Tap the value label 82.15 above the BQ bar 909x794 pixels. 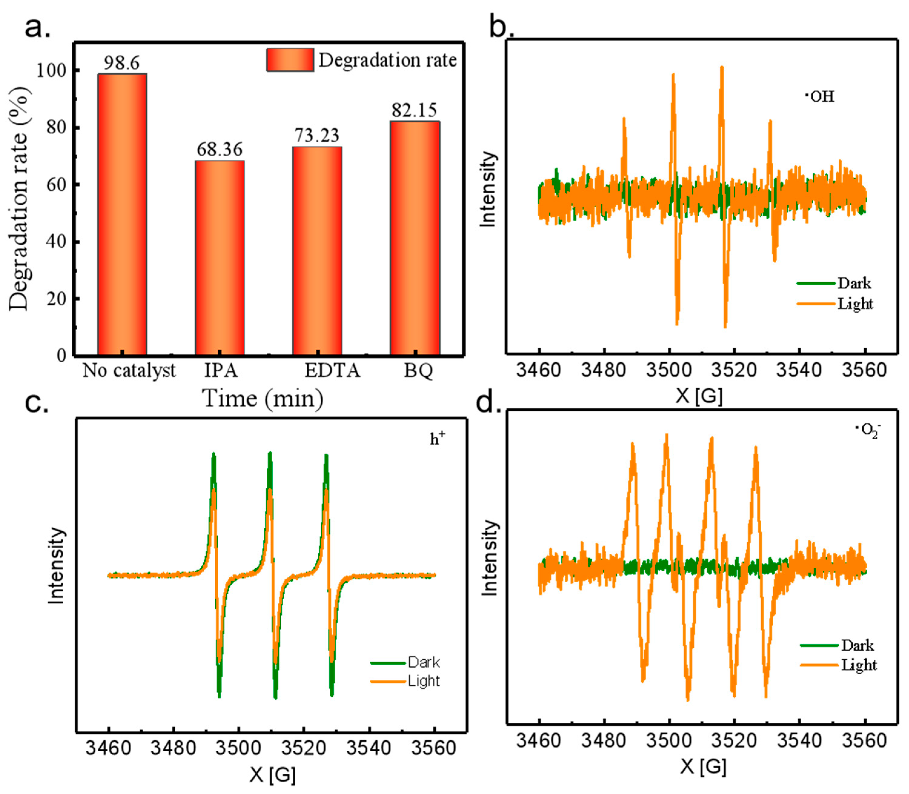point(414,110)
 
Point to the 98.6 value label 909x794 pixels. point(122,63)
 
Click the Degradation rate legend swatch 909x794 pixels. point(290,60)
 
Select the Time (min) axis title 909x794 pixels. point(263,398)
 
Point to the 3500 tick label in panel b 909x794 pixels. point(669,370)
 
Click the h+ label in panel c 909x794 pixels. point(438,439)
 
